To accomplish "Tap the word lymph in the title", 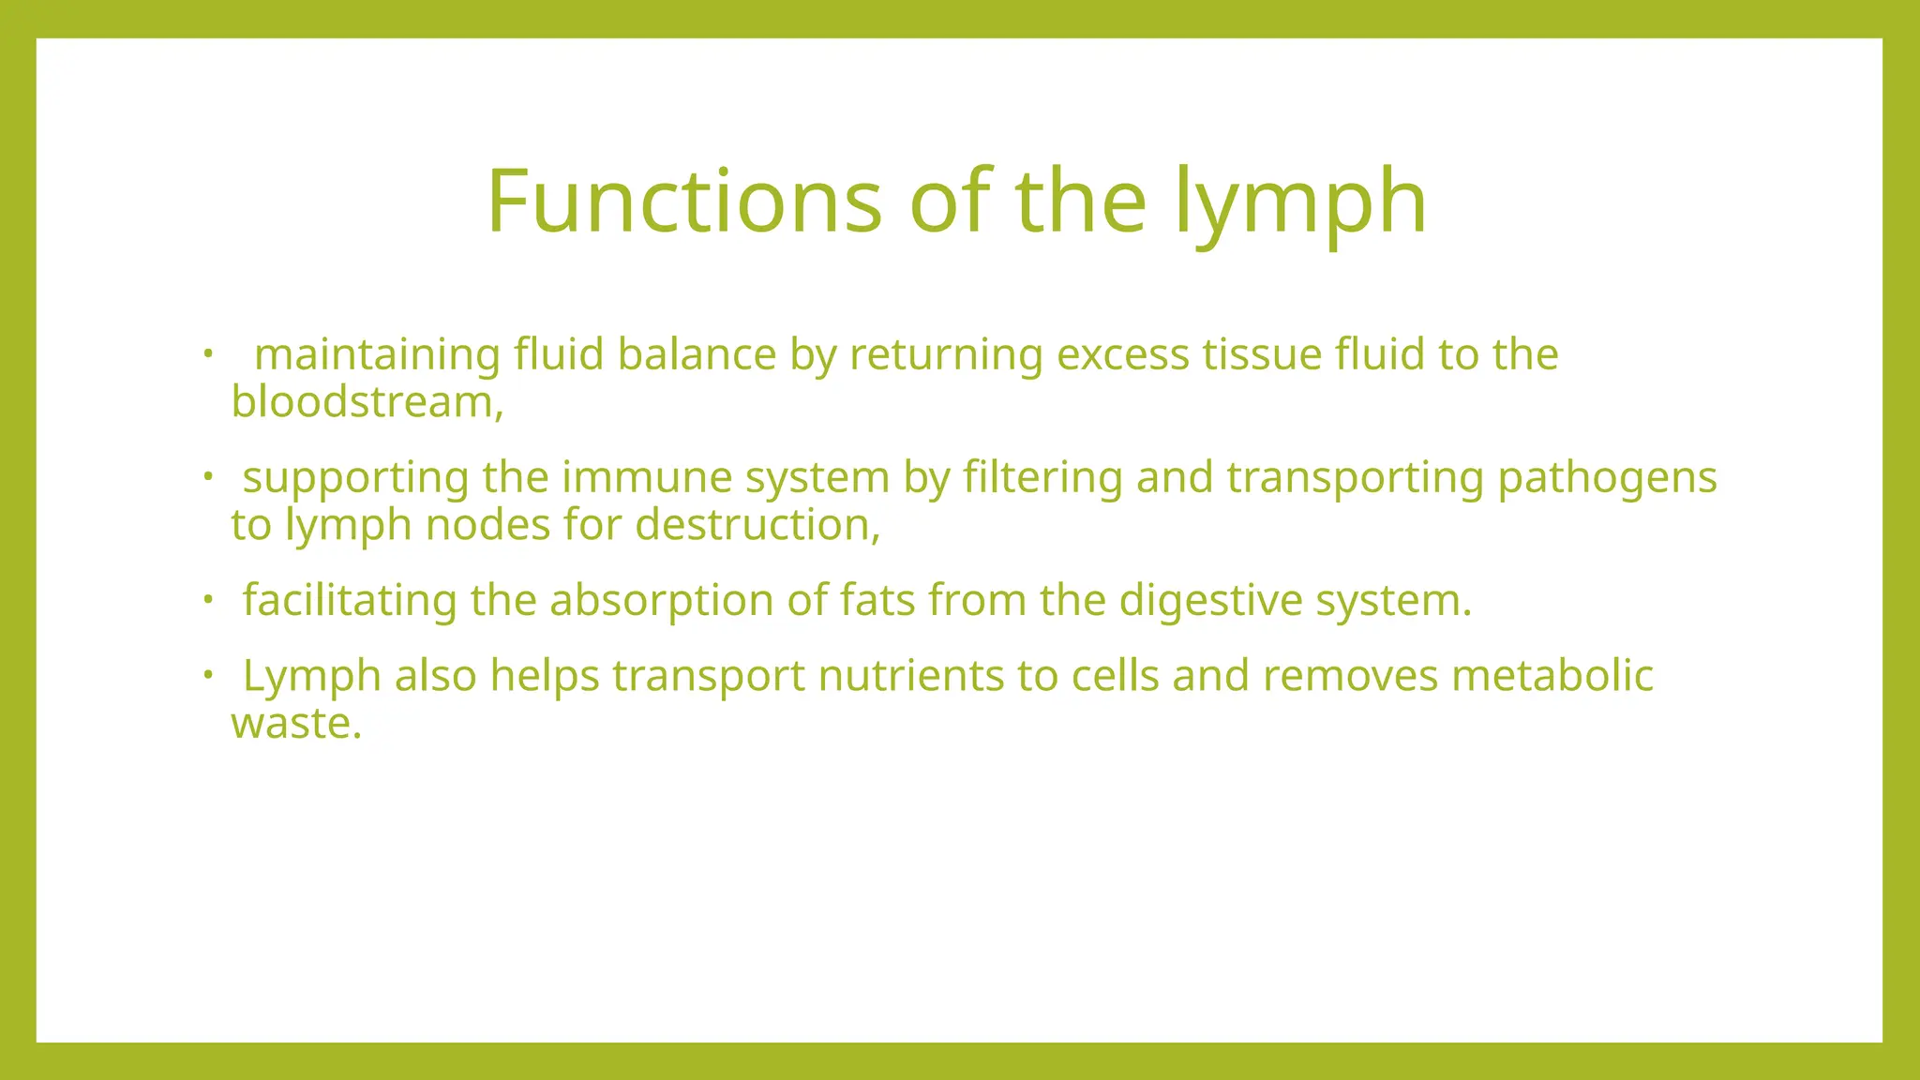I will pos(1301,201).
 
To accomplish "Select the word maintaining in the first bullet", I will pos(378,355).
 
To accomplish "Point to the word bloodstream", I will pos(364,402).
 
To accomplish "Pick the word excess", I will pos(1122,355).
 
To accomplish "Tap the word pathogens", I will pos(1607,477).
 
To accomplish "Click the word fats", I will pos(877,600).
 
